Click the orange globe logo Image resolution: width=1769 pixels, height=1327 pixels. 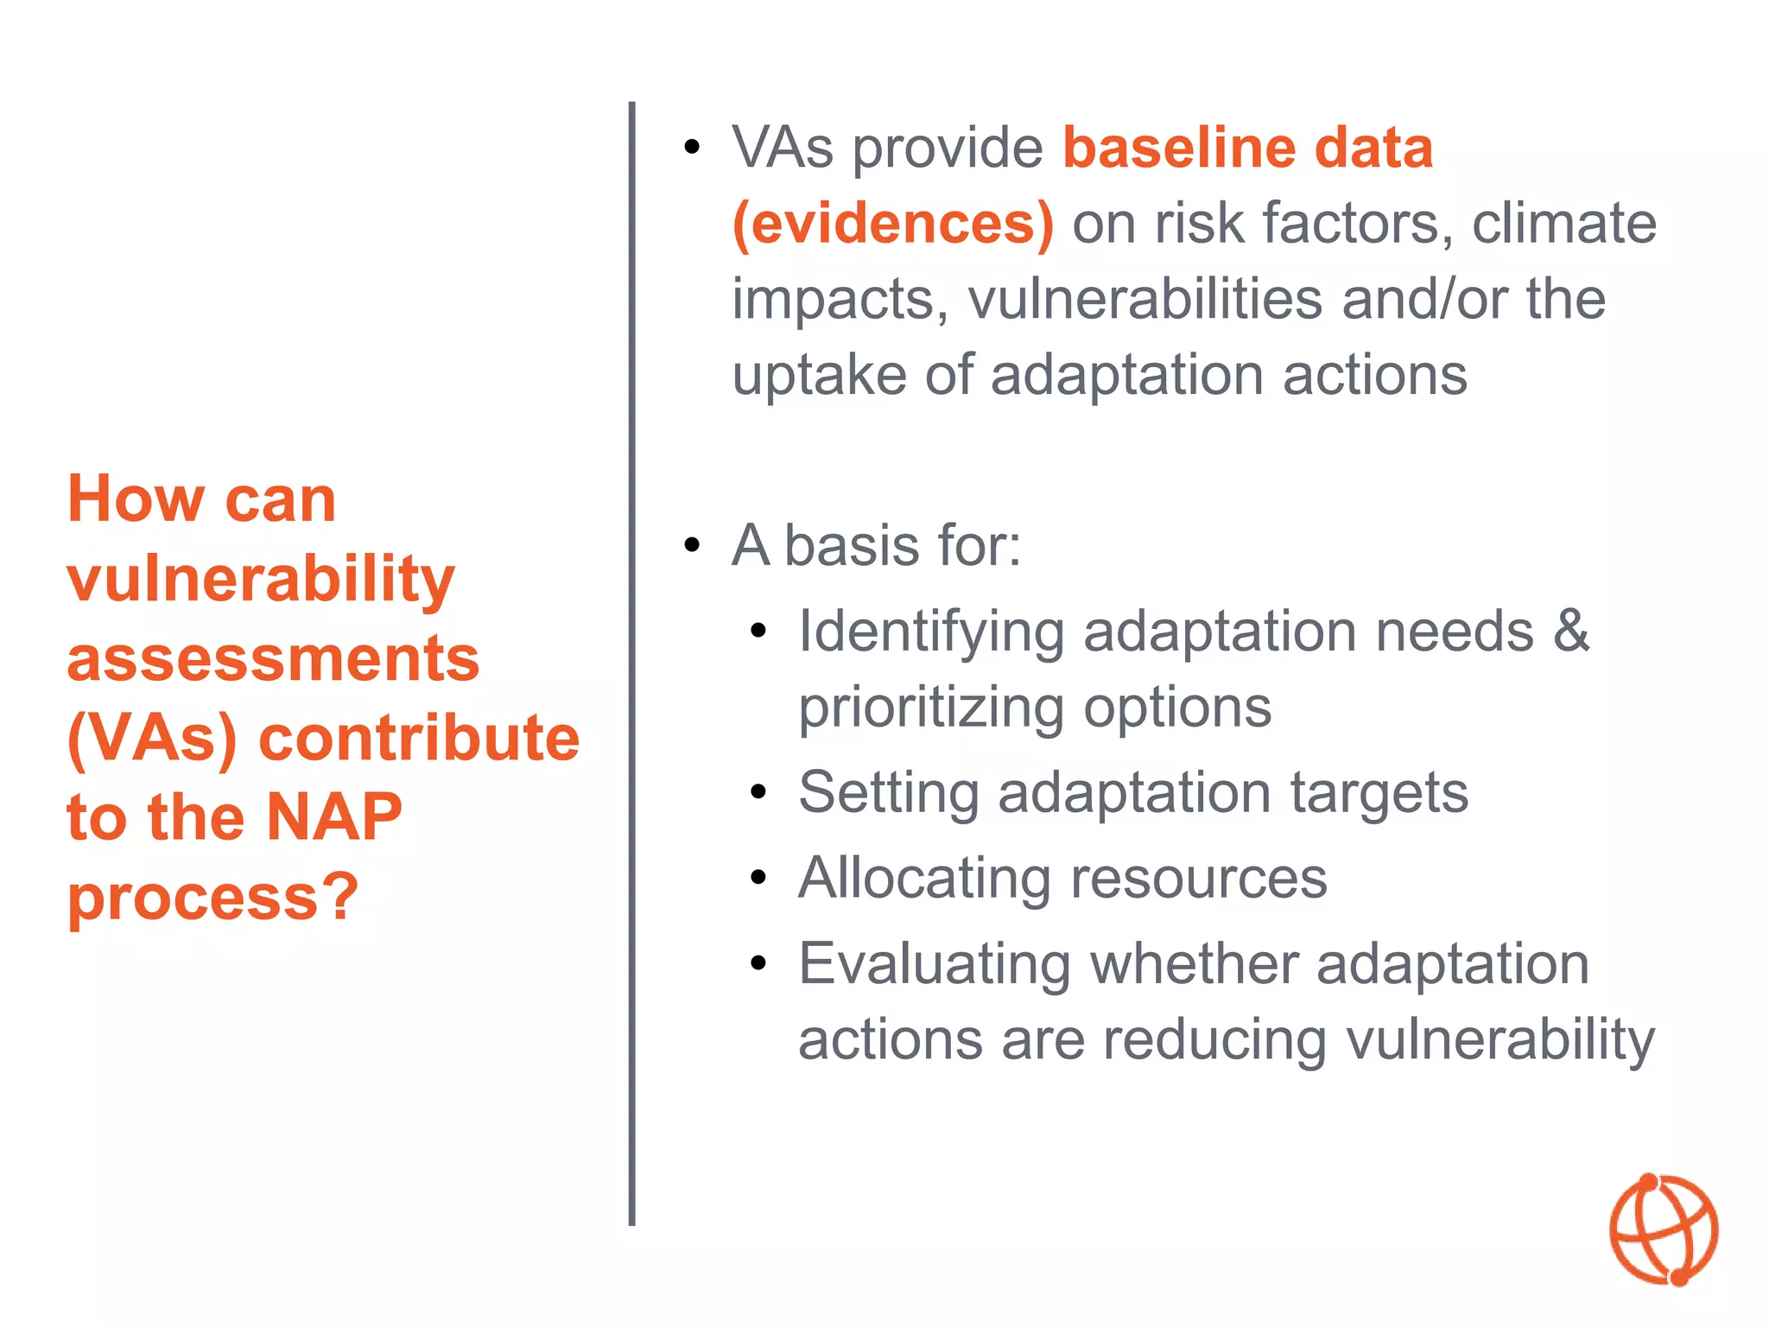click(x=1664, y=1229)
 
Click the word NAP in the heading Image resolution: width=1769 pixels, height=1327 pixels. click(x=333, y=816)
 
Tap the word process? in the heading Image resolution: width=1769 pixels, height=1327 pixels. click(x=212, y=897)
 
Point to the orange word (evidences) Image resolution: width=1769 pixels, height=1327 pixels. click(x=893, y=224)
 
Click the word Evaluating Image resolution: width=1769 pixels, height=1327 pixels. click(x=935, y=964)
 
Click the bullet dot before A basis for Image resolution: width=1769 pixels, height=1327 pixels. click(x=691, y=546)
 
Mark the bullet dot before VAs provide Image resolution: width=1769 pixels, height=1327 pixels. click(x=691, y=148)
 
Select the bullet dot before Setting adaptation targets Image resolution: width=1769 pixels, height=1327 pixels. click(x=758, y=792)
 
